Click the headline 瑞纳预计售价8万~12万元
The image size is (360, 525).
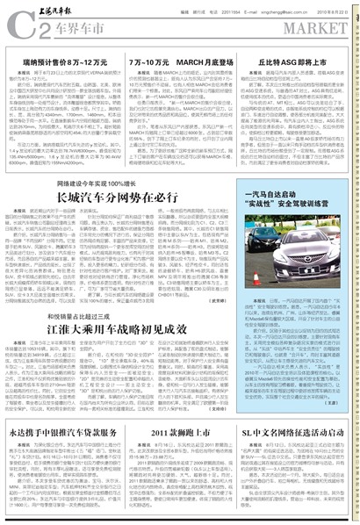tap(58, 64)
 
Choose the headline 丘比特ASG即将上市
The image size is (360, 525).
tap(296, 64)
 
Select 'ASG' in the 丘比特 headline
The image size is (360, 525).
tap(294, 64)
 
